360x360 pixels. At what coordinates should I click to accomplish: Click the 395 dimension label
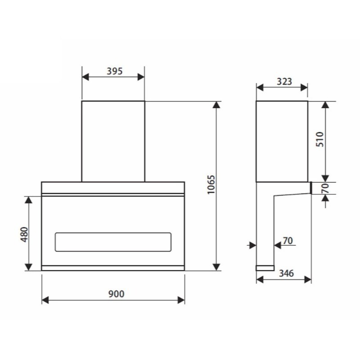(115, 71)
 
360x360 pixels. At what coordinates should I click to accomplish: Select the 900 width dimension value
(116, 294)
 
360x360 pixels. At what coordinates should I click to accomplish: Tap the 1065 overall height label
(211, 185)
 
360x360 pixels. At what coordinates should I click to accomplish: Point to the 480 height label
(24, 234)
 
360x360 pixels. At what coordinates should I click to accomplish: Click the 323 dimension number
(284, 81)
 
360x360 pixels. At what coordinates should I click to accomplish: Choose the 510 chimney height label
(319, 139)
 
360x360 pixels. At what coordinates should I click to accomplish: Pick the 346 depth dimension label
(286, 273)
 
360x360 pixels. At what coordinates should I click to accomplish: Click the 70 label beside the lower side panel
(288, 241)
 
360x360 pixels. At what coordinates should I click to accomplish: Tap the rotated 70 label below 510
(325, 188)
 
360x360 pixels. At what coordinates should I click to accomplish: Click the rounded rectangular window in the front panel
(113, 242)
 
